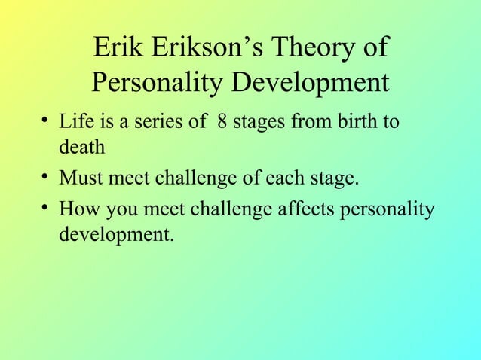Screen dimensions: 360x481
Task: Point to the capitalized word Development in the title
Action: [310, 83]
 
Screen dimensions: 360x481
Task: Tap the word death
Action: [81, 148]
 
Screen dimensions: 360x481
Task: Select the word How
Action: [78, 207]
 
